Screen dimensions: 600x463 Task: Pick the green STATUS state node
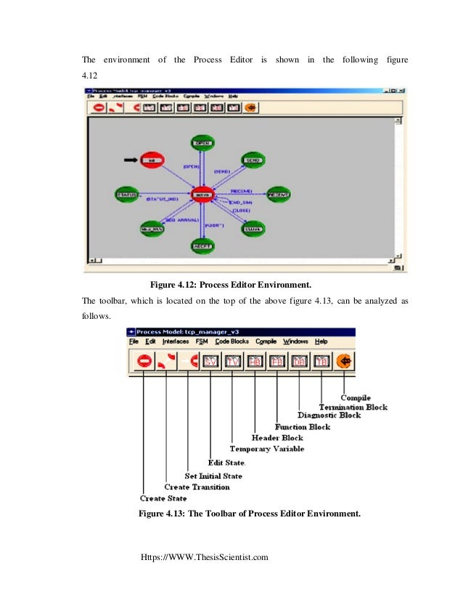tap(129, 195)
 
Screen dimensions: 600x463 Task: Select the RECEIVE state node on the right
tap(279, 195)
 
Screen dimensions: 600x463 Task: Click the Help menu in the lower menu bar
tap(321, 341)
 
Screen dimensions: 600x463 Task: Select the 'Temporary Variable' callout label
tap(266, 449)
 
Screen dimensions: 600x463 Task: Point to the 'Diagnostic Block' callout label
tap(329, 416)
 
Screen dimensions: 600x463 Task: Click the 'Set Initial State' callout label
tap(213, 476)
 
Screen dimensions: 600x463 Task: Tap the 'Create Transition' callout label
tap(197, 487)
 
